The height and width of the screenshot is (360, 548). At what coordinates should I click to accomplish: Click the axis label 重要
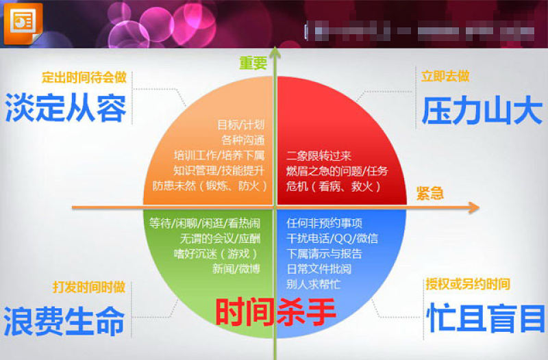[253, 63]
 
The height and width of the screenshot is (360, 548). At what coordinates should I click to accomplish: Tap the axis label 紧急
[429, 193]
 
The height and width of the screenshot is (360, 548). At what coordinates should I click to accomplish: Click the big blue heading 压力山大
[482, 111]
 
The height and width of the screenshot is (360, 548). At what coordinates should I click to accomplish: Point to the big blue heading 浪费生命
[64, 321]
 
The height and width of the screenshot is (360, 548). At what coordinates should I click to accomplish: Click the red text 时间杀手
[276, 313]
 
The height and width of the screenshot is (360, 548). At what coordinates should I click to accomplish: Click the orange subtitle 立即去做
[445, 76]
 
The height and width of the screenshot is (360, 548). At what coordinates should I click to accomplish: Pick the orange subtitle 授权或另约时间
[468, 284]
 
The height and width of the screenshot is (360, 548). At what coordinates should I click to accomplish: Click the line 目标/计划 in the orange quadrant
[240, 125]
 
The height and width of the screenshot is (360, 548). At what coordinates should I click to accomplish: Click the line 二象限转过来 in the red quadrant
[320, 155]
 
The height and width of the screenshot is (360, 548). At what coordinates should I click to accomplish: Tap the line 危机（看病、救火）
[325, 186]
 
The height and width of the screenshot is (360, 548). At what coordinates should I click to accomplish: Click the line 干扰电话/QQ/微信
[332, 239]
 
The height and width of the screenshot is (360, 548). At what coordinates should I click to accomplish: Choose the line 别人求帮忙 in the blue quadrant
[314, 284]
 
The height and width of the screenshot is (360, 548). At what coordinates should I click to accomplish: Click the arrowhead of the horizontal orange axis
[473, 206]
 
